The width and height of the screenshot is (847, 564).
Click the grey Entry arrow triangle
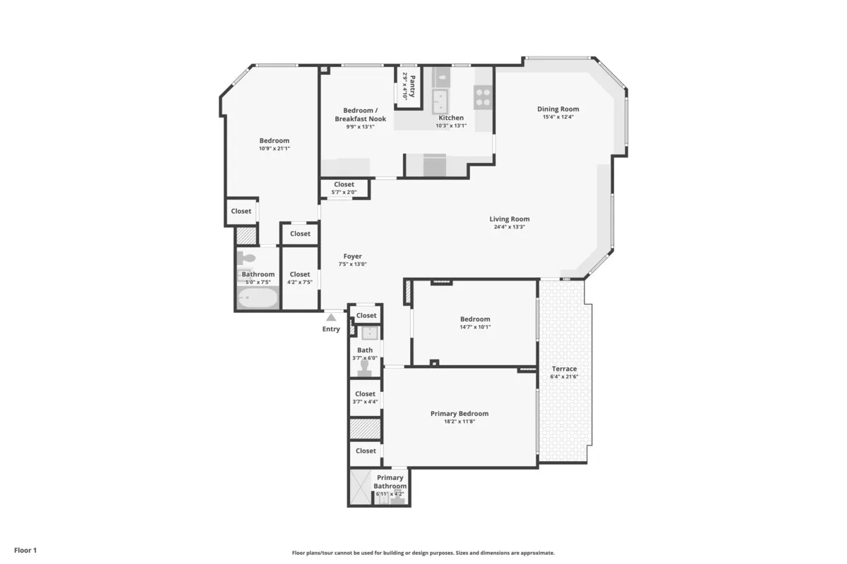pos(330,318)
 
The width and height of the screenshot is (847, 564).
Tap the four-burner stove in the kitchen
pos(483,96)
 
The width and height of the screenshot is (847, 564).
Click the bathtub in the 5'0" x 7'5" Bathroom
pos(258,298)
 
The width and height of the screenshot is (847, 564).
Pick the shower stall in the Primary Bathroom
pos(360,487)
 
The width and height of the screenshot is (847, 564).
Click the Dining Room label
pos(558,109)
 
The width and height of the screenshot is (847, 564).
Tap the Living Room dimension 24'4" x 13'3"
pos(509,227)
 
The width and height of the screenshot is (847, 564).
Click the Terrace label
pos(564,369)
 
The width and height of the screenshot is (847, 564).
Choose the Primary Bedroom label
pos(459,414)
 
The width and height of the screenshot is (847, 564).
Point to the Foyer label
pos(352,257)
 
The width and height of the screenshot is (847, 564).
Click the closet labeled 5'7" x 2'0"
pos(344,188)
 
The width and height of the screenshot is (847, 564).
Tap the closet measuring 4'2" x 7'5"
pos(299,278)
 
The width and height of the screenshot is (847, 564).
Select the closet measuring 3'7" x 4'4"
pos(365,398)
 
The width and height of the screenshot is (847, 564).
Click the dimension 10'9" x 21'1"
pos(274,149)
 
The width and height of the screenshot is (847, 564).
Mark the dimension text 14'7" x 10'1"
pos(474,327)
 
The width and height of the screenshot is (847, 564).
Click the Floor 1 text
pos(25,550)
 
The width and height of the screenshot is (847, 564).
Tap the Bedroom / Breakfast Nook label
pos(360,114)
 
